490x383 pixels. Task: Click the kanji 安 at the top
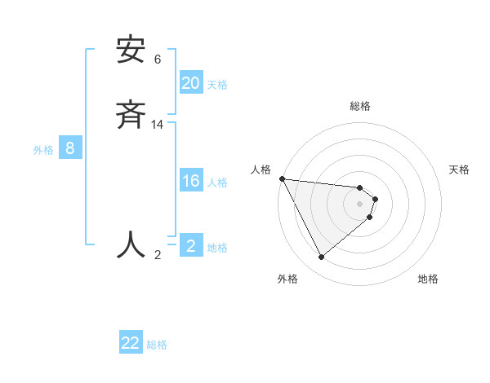coord(131,51)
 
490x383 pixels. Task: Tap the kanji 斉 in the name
coord(131,115)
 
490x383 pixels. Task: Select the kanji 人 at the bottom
coord(131,244)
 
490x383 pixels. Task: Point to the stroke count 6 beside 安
coord(158,59)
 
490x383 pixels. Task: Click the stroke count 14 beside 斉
coord(158,124)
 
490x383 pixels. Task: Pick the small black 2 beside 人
coord(158,254)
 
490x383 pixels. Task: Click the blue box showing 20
coord(191,83)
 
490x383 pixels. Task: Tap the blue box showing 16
coord(191,181)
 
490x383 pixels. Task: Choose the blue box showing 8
coord(70,148)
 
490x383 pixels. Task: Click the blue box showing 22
coord(131,343)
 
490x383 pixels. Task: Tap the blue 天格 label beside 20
coord(217,84)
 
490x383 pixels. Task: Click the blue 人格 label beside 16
coord(217,182)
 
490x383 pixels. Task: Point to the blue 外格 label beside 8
coord(43,149)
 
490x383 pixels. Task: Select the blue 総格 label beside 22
coord(157,344)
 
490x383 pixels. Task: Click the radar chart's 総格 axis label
coord(360,106)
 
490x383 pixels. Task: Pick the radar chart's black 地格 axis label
coord(428,279)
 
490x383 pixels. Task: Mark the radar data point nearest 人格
coord(282,178)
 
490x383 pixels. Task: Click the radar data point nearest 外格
coord(321,257)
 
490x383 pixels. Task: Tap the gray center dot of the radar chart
coord(360,203)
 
